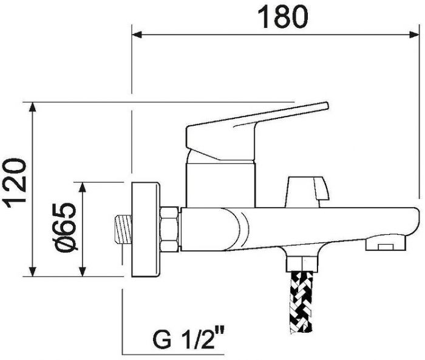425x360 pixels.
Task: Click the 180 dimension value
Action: click(x=283, y=17)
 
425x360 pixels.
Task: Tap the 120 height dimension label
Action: click(x=15, y=183)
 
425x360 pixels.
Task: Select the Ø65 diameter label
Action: click(x=66, y=226)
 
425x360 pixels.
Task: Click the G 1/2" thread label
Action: click(x=189, y=338)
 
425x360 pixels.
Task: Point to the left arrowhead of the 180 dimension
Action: click(x=137, y=35)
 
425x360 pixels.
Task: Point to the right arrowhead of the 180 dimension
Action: click(x=414, y=35)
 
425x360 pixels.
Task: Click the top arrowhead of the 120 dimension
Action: click(x=33, y=107)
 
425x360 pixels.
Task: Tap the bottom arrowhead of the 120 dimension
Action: click(x=33, y=272)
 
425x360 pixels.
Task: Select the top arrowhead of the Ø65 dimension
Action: click(x=83, y=187)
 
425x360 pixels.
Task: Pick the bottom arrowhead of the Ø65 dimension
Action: click(x=83, y=272)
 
